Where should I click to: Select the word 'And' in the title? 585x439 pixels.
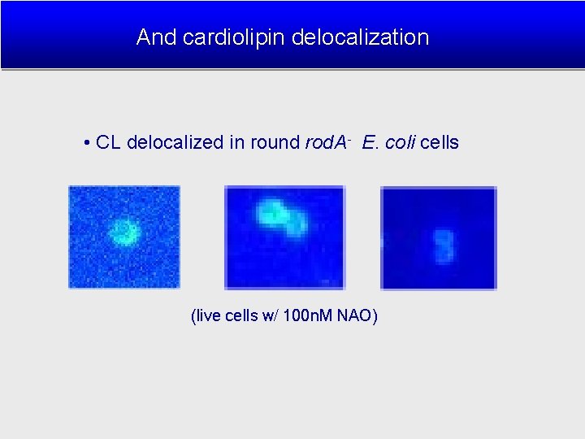tap(154, 37)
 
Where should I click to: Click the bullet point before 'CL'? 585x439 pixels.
tap(86, 143)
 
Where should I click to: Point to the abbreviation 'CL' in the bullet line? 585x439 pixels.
tap(108, 143)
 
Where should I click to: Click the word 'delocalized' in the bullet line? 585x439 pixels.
tap(175, 143)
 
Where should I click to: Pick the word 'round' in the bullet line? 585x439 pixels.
tap(275, 143)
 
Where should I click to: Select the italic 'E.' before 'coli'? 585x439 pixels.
tap(370, 143)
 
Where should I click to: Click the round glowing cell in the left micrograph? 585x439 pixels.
tap(125, 232)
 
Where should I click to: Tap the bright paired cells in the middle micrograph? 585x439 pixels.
tap(280, 217)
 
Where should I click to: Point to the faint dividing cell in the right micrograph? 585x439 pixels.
tap(444, 246)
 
